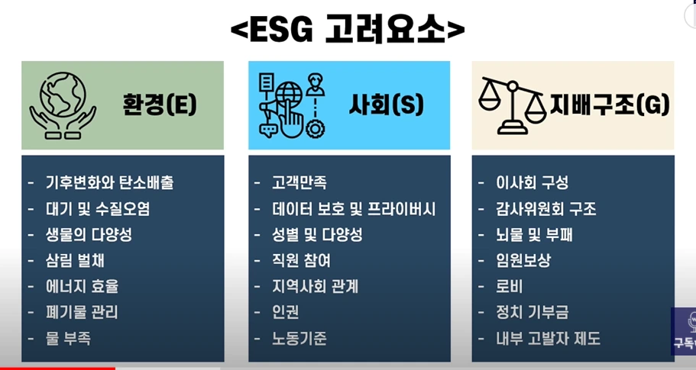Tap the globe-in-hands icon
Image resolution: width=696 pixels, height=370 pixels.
[x=63, y=105]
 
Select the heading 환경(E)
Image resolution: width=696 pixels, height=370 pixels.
[x=160, y=105]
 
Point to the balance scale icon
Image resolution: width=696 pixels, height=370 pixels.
[x=511, y=105]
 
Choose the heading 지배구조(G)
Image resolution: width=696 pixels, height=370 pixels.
[x=610, y=105]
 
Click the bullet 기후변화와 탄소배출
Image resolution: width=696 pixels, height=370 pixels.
[x=109, y=183]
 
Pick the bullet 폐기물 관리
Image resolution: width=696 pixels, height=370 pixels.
[x=82, y=312]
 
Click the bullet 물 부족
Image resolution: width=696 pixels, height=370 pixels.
[x=68, y=338]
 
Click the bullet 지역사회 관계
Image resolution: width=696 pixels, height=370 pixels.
[x=315, y=287]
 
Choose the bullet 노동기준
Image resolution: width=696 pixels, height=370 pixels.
[x=299, y=338]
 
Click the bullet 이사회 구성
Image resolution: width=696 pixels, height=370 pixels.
[x=532, y=183]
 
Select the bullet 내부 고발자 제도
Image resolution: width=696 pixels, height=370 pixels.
[x=548, y=338]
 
